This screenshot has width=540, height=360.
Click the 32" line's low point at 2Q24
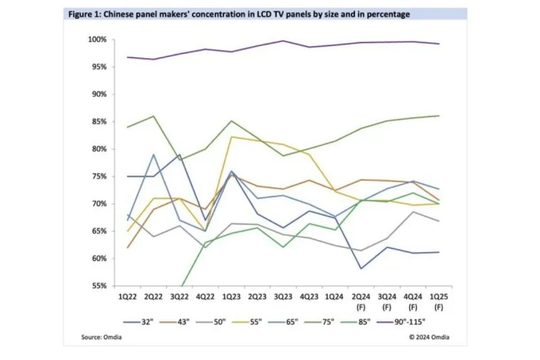tap(361, 268)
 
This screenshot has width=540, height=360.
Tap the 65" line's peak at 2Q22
tap(154, 154)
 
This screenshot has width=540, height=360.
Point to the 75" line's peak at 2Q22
tap(154, 116)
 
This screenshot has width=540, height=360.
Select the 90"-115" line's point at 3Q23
tap(283, 41)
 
